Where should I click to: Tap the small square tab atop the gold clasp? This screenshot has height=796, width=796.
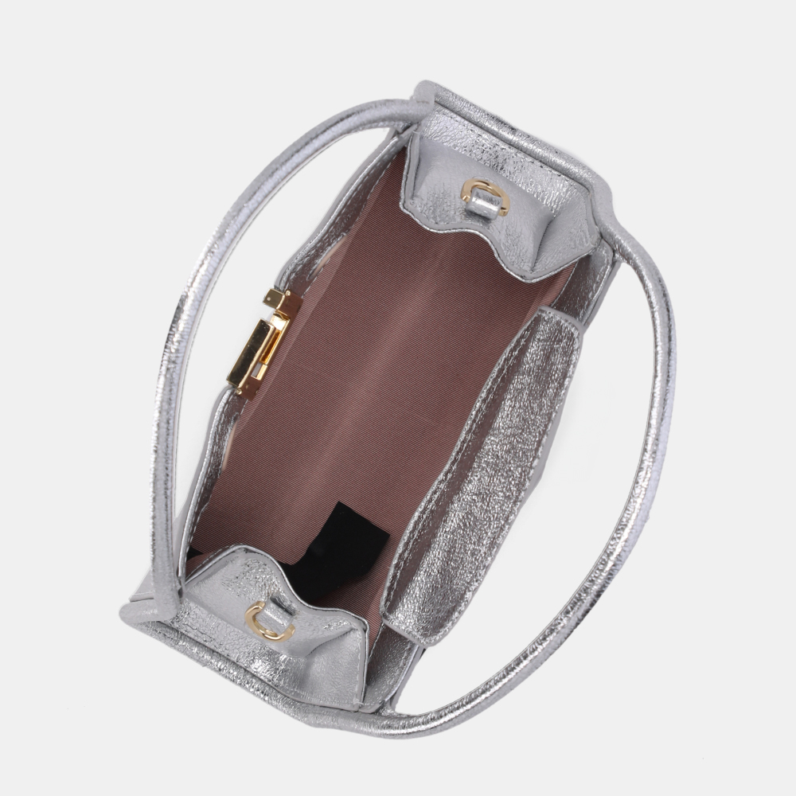point(275,298)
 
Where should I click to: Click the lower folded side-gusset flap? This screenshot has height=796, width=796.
point(279,629)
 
